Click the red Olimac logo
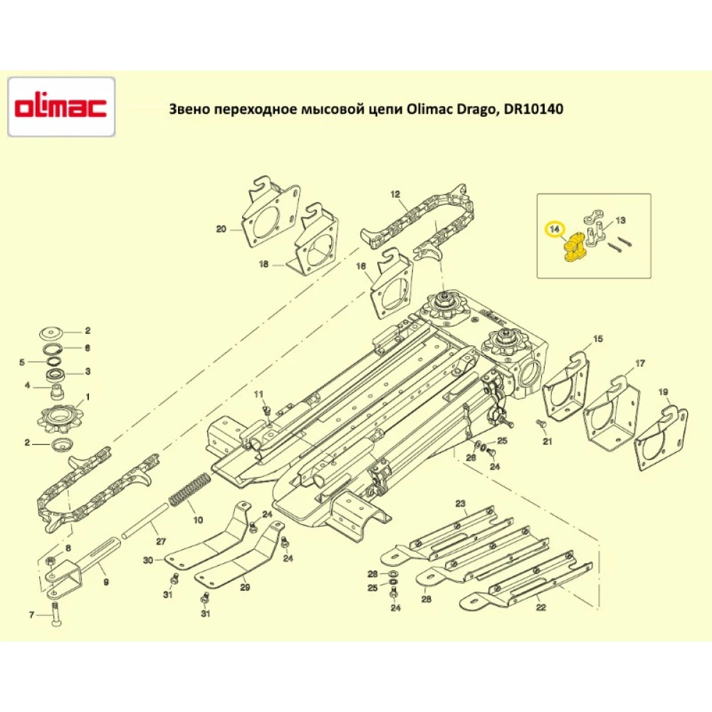point(61,108)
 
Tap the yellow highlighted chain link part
point(574,249)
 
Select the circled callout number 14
point(555,229)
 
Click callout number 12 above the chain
point(396,194)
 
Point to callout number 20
point(221,229)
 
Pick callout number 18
point(264,264)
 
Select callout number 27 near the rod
point(161,541)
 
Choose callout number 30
point(148,561)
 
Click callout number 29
point(244,587)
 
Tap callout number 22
point(541,607)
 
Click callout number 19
point(664,392)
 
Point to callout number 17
point(640,364)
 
